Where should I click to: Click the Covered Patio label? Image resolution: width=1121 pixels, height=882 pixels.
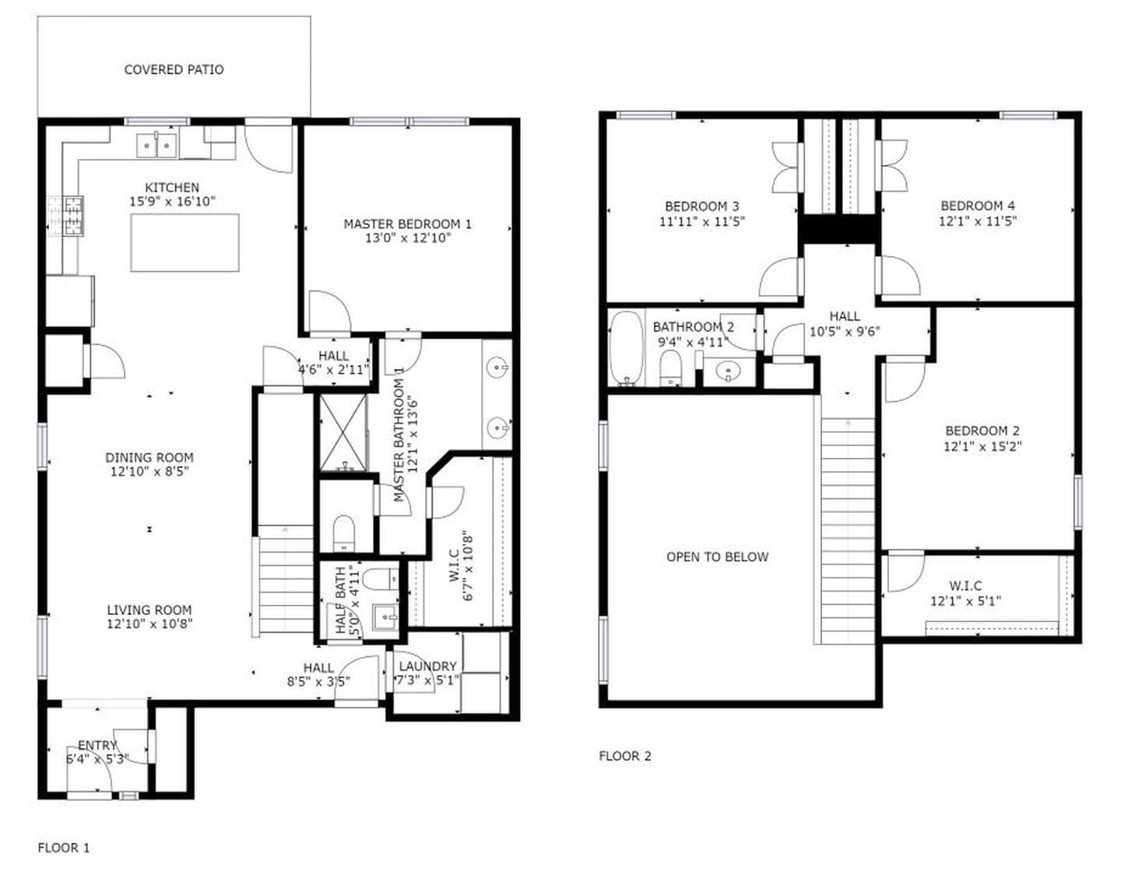point(174,70)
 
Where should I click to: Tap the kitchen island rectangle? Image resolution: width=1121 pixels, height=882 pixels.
point(184,242)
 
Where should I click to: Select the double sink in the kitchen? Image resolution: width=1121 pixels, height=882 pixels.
point(157,146)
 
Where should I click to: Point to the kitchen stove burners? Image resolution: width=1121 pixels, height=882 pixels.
point(66,216)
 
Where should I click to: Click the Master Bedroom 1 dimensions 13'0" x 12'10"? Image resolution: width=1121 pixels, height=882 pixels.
point(407,238)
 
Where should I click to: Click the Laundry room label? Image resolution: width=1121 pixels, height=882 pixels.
point(427,666)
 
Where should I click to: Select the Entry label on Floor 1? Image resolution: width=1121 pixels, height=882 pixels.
point(97,746)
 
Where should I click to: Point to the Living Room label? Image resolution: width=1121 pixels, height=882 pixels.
point(149,610)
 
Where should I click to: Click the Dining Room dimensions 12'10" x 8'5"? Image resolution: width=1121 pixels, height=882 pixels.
point(149,472)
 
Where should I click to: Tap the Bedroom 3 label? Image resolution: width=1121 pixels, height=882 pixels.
point(701,206)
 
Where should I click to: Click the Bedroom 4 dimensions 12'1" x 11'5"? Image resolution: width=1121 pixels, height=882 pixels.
point(977,221)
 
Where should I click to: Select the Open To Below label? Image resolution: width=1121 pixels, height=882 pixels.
point(717,557)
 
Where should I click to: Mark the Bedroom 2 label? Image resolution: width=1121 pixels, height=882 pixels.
point(982,431)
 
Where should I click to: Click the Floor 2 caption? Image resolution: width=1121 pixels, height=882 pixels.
point(624,756)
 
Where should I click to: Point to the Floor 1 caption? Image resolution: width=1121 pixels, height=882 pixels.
point(64,848)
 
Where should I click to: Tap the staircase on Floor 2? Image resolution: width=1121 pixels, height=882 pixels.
point(848,529)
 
